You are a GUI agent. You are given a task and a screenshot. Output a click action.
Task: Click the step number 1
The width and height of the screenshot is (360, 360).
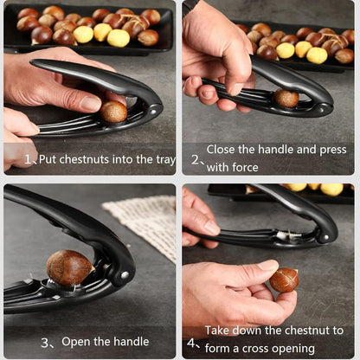[x=28, y=160]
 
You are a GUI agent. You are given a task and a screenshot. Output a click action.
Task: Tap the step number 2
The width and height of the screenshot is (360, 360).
[x=196, y=160]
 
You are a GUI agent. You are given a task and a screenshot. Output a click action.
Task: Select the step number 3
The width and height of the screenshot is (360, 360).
[x=45, y=343]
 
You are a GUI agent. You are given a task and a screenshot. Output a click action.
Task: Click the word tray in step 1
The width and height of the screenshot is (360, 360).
[x=164, y=159]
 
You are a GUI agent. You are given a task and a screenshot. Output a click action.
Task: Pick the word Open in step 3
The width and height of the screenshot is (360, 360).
[x=77, y=343]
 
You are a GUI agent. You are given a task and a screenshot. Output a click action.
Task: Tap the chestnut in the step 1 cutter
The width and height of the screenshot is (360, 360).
[x=113, y=112]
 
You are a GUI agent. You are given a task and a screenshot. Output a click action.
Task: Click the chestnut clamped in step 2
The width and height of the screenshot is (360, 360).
[x=286, y=99]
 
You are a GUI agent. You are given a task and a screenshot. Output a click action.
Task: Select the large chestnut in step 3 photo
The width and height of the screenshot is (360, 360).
[x=69, y=267]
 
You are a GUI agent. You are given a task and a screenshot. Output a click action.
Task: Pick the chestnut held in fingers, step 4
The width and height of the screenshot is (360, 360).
[x=283, y=280]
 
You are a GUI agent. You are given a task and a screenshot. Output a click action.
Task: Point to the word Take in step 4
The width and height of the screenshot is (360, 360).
[x=218, y=330]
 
